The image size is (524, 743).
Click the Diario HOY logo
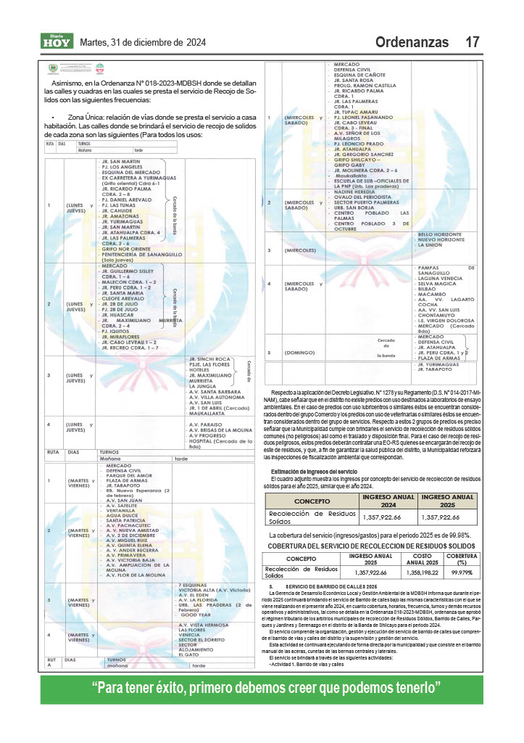[57, 41]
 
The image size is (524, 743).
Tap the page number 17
[473, 42]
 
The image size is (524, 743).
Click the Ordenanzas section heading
[412, 42]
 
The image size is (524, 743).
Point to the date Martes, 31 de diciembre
[137, 42]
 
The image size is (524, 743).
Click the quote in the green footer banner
[261, 687]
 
